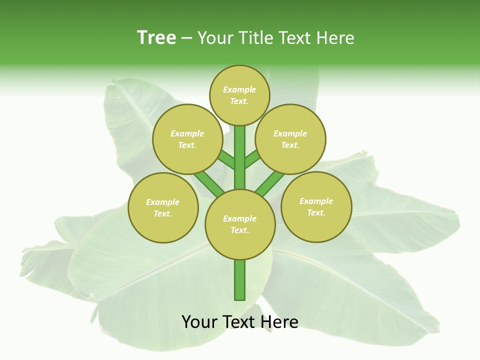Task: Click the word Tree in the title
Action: pos(156,37)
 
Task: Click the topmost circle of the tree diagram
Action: pos(239,95)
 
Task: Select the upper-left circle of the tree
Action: pos(187,139)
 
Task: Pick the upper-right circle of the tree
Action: pos(290,139)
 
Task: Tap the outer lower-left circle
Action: pos(163,207)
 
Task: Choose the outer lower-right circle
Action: pos(316,206)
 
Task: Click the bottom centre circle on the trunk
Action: pos(240,224)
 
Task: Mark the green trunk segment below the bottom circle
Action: pos(240,280)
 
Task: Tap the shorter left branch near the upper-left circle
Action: pos(226,160)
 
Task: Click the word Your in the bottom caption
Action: pos(198,322)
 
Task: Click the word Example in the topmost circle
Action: pos(239,89)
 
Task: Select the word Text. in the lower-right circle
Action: pos(316,212)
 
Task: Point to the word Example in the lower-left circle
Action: pos(162,202)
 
